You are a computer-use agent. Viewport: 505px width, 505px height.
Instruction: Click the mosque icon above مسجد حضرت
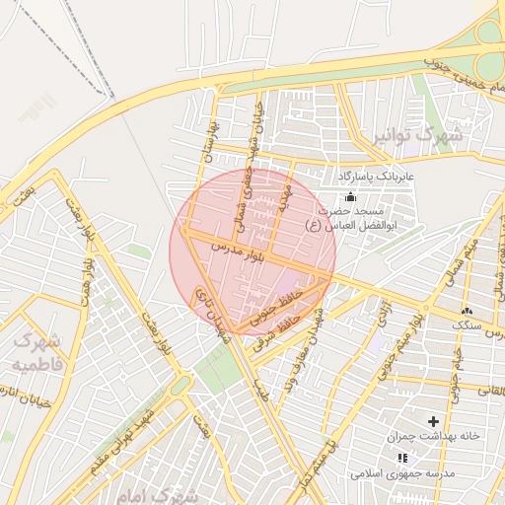pos(350,196)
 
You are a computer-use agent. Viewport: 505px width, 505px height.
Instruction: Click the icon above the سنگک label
pos(467,311)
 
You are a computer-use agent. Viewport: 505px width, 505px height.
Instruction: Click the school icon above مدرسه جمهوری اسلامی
pos(401,458)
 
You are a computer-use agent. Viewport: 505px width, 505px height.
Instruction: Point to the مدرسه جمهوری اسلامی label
pos(401,473)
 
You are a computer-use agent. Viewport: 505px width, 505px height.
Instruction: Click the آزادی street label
pos(385,315)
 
